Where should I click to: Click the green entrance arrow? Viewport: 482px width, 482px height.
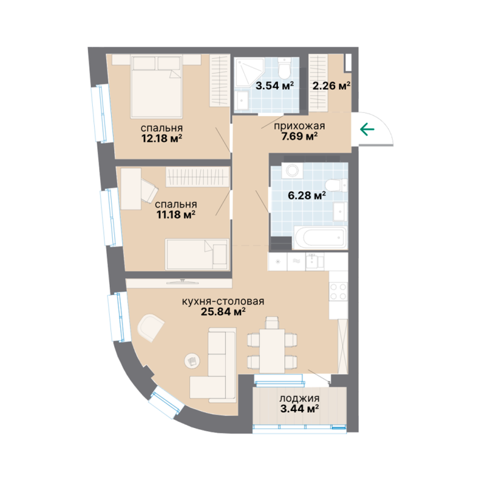[x=367, y=129]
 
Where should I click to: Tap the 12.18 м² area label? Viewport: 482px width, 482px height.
[x=162, y=138]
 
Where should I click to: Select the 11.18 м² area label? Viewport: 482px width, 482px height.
[x=176, y=215]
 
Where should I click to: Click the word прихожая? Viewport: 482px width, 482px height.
[x=299, y=126]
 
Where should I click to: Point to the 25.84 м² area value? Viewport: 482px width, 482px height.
[x=223, y=312]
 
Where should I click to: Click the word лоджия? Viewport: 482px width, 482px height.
[x=299, y=399]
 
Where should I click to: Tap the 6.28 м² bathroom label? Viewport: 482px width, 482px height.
[x=307, y=195]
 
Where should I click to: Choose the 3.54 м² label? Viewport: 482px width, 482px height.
[x=274, y=85]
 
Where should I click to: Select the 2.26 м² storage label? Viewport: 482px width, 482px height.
[x=331, y=85]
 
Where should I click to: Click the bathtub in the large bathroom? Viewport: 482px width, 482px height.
[x=321, y=238]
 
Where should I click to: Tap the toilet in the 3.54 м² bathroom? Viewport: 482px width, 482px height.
[x=284, y=68]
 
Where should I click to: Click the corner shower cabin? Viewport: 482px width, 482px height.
[x=249, y=73]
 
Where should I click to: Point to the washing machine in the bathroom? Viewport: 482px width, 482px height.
[x=292, y=170]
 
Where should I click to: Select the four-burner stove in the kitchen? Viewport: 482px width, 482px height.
[x=338, y=292]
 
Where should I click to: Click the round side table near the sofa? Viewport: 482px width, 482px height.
[x=192, y=360]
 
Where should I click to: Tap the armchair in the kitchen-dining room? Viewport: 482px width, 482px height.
[x=151, y=326]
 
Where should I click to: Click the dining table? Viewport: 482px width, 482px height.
[x=272, y=351]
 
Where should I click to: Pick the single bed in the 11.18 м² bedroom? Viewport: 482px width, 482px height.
[x=197, y=254]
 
